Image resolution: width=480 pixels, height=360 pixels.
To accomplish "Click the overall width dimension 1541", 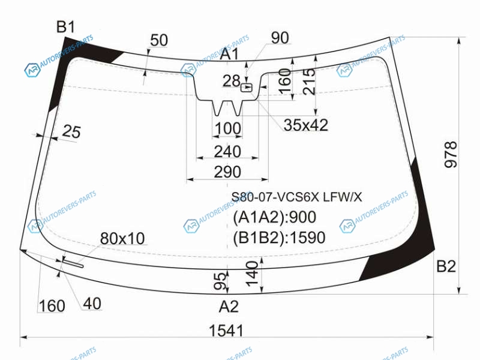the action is (226, 331).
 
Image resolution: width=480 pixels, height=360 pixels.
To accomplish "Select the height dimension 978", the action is (451, 155).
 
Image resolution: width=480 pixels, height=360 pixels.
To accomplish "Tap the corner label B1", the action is (65, 27).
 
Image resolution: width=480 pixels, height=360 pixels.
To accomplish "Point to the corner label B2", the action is (446, 266).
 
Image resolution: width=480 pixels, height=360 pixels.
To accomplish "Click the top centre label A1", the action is (229, 54).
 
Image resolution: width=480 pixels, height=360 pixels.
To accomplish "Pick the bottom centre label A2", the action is (229, 307).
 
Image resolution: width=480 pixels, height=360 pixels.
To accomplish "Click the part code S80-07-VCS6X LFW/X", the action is (296, 197).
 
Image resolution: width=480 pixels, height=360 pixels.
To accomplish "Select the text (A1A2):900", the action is (275, 217).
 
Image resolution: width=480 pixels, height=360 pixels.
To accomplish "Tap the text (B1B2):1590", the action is (279, 238).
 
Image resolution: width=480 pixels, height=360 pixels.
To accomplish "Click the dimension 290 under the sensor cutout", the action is (227, 172).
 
